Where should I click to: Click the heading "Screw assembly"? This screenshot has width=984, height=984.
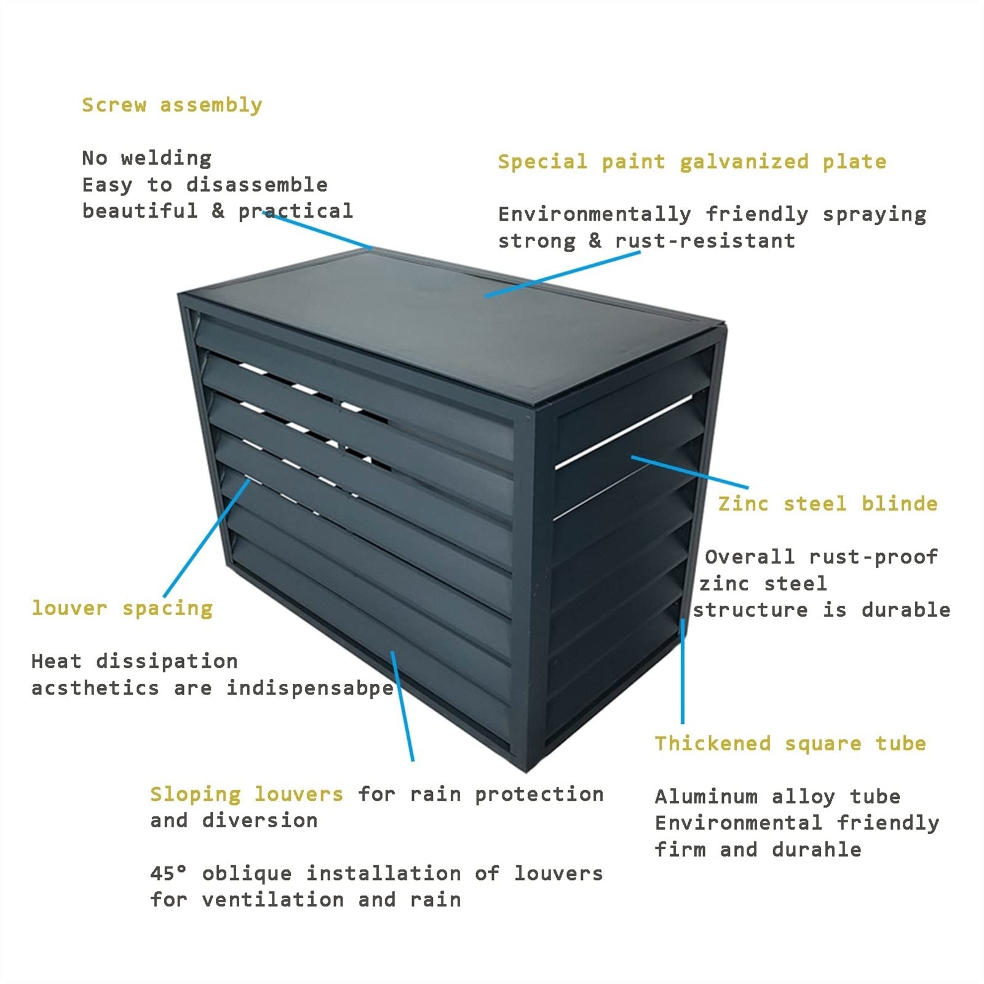click(172, 105)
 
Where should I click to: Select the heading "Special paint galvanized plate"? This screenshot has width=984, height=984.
click(692, 162)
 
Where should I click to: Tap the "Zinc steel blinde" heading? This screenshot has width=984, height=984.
click(828, 504)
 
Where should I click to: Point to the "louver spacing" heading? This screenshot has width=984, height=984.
click(122, 608)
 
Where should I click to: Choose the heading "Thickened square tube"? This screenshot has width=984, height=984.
click(790, 744)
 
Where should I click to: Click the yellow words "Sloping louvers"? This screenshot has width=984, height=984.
click(247, 794)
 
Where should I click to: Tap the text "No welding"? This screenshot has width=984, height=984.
click(147, 158)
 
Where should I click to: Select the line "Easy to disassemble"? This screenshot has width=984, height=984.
click(205, 184)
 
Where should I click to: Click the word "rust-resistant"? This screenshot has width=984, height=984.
click(705, 240)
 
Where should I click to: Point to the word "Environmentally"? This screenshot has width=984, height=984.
click(595, 214)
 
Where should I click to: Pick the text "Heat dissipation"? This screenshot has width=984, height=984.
click(134, 661)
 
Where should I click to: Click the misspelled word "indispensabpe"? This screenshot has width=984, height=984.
click(310, 688)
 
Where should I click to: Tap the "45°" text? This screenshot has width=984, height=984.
click(169, 873)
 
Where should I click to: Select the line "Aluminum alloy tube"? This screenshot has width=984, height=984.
click(777, 797)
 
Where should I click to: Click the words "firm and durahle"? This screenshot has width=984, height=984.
click(758, 850)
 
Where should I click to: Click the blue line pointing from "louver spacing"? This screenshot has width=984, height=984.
click(207, 538)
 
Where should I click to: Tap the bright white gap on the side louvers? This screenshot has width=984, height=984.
click(622, 432)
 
